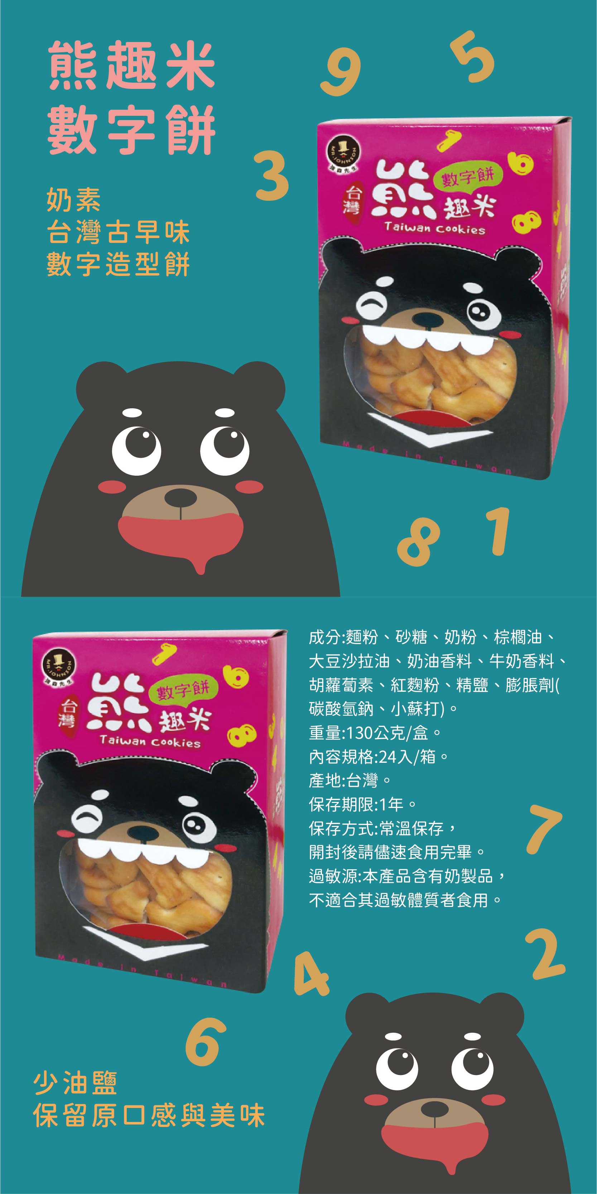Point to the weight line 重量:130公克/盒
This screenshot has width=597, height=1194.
coord(374,733)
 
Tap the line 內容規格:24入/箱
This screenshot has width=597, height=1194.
coord(379,757)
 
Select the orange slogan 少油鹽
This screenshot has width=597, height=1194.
coord(75,1083)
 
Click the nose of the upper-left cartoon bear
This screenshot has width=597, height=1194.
coord(180,497)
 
